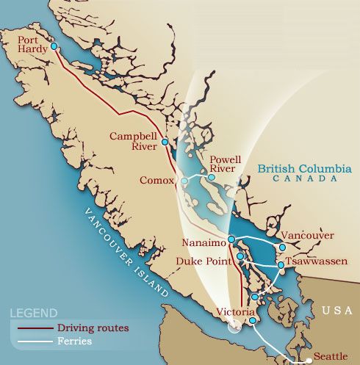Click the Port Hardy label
point(33,44)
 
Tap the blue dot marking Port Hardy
point(54,46)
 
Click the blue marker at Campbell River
point(165,142)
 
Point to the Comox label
point(156,180)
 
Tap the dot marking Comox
point(184,180)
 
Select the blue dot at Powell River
point(212,177)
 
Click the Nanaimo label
point(205,243)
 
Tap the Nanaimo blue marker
point(231,239)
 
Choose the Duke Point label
point(204,261)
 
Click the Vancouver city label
point(308,236)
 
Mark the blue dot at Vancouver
point(282,247)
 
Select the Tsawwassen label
point(317,261)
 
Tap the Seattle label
point(331,356)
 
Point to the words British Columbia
point(304,168)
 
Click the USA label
point(338,311)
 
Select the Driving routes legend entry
point(93,328)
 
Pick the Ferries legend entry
point(74,341)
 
